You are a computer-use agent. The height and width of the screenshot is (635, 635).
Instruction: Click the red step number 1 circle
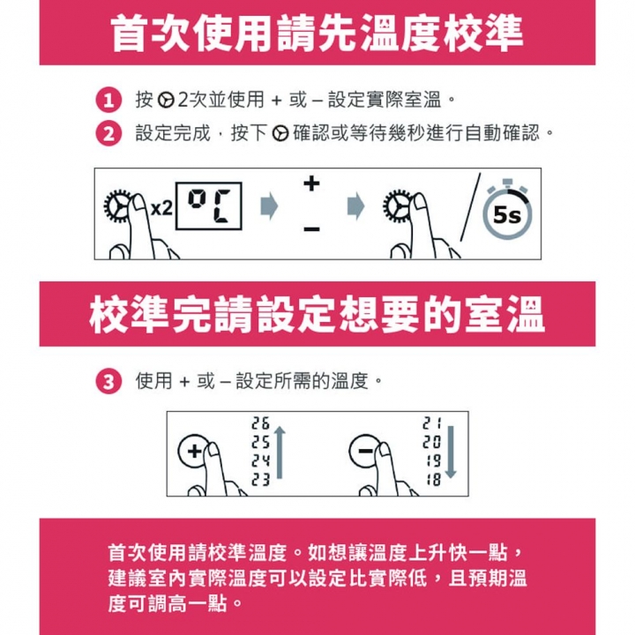[x=108, y=100]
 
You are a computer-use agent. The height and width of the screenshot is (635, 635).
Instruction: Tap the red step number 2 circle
[x=108, y=133]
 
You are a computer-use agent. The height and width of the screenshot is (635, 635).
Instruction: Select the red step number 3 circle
[x=108, y=382]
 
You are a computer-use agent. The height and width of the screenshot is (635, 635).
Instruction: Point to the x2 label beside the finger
[x=161, y=209]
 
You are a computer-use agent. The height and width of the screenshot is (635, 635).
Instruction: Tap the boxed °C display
[x=208, y=206]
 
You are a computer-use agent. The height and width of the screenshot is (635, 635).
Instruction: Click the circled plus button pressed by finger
[x=193, y=451]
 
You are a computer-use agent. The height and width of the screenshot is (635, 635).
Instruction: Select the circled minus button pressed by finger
[x=365, y=451]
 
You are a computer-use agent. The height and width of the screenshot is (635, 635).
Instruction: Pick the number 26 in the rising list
[x=260, y=423]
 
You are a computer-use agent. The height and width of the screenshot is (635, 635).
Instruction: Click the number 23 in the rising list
[x=260, y=480]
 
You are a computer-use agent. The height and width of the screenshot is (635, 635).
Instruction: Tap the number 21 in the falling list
[x=431, y=423]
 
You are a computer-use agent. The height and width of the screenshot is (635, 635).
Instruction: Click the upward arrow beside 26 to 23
[x=280, y=452]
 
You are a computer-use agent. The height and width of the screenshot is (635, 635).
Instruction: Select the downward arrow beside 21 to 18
[x=451, y=452]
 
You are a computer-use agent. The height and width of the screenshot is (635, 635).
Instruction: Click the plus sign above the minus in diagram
[x=311, y=183]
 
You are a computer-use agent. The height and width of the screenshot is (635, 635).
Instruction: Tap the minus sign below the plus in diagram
[x=312, y=229]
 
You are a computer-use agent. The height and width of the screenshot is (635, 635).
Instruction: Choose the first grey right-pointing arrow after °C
[x=269, y=206]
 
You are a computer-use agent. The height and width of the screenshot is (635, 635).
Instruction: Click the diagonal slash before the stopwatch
[x=470, y=206]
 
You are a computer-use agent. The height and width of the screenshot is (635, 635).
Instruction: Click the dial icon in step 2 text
[x=280, y=134]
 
